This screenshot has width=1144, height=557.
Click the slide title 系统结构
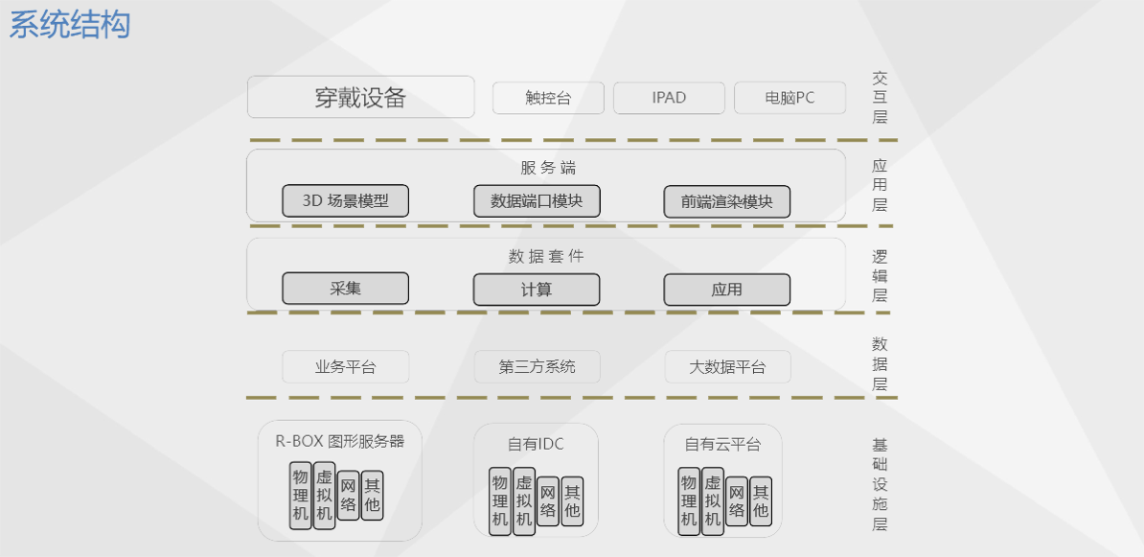tap(70, 25)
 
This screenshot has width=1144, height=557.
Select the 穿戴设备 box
tap(361, 97)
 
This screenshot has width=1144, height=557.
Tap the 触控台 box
tap(548, 98)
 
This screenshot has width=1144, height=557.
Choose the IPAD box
tap(669, 98)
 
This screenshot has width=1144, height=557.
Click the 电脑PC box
tap(789, 98)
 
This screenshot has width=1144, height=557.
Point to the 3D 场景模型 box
tap(346, 201)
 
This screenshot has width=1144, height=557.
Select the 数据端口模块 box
tap(537, 201)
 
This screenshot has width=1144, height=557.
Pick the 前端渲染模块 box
tap(727, 201)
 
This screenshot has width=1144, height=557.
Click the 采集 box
tap(346, 289)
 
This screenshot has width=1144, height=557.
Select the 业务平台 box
tap(346, 366)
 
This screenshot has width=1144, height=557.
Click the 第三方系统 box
tap(537, 366)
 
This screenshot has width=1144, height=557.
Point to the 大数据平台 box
tap(727, 366)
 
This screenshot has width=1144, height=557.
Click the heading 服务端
tap(548, 168)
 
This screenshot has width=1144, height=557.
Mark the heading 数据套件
tap(545, 256)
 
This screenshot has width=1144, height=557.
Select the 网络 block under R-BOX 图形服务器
tap(348, 496)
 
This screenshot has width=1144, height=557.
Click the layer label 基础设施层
tap(880, 484)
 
